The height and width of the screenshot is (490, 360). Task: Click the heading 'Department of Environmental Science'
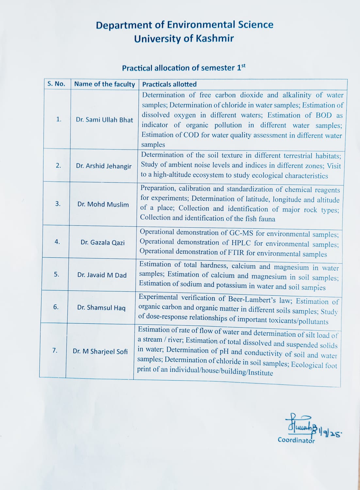pos(185,25)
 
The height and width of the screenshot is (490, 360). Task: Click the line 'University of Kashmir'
pos(184,39)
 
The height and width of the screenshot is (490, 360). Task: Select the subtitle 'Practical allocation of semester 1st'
pos(184,68)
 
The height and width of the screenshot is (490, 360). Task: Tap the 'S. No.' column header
pos(56,84)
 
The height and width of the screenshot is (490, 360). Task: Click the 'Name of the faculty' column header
pos(105,84)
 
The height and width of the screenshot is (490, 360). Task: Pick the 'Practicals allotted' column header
pos(169,84)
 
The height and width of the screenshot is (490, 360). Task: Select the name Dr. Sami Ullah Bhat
pos(105,120)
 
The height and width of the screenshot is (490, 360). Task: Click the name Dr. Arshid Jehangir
pos(104,166)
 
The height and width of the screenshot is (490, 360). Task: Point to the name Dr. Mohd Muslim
pos(103,204)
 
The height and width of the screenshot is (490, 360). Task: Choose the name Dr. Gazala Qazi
pos(103,242)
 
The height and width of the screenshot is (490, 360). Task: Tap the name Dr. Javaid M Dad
pos(102,275)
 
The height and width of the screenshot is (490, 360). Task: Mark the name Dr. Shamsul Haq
pos(101,308)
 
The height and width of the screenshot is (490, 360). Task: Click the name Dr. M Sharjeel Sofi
pos(100,351)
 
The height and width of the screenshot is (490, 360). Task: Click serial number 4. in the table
pos(57,242)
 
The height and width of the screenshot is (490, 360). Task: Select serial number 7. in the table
pos(55,350)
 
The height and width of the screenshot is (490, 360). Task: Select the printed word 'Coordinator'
pos(296,440)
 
